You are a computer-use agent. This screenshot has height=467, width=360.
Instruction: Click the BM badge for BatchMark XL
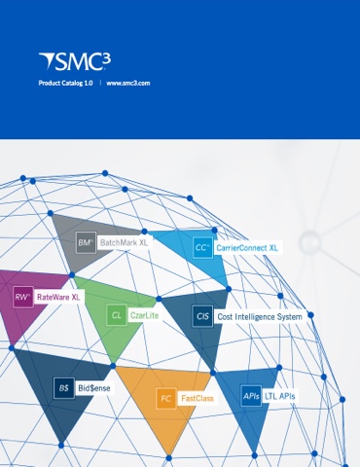coord(86,241)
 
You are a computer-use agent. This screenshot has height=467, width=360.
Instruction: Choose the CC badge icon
coord(202,248)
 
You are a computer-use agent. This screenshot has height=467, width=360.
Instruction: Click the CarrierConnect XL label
coord(247,248)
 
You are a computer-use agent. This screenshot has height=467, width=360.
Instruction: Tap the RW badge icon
coord(23,297)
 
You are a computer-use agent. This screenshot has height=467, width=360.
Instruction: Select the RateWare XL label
coord(59,297)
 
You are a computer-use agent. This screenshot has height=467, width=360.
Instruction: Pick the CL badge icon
coord(117,316)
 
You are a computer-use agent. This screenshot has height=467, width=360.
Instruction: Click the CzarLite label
coord(145,316)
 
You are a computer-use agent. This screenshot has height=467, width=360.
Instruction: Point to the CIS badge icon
coord(202,316)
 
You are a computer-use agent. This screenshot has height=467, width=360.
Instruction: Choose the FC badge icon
coord(166,398)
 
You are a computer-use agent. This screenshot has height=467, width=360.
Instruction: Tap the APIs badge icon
coord(251,396)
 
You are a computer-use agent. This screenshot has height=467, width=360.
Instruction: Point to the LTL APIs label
coord(280,396)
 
